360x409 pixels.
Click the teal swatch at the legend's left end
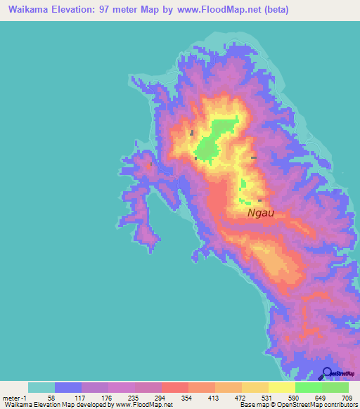(41, 387)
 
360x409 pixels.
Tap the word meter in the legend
(11, 398)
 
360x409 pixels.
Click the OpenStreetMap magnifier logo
(328, 373)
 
